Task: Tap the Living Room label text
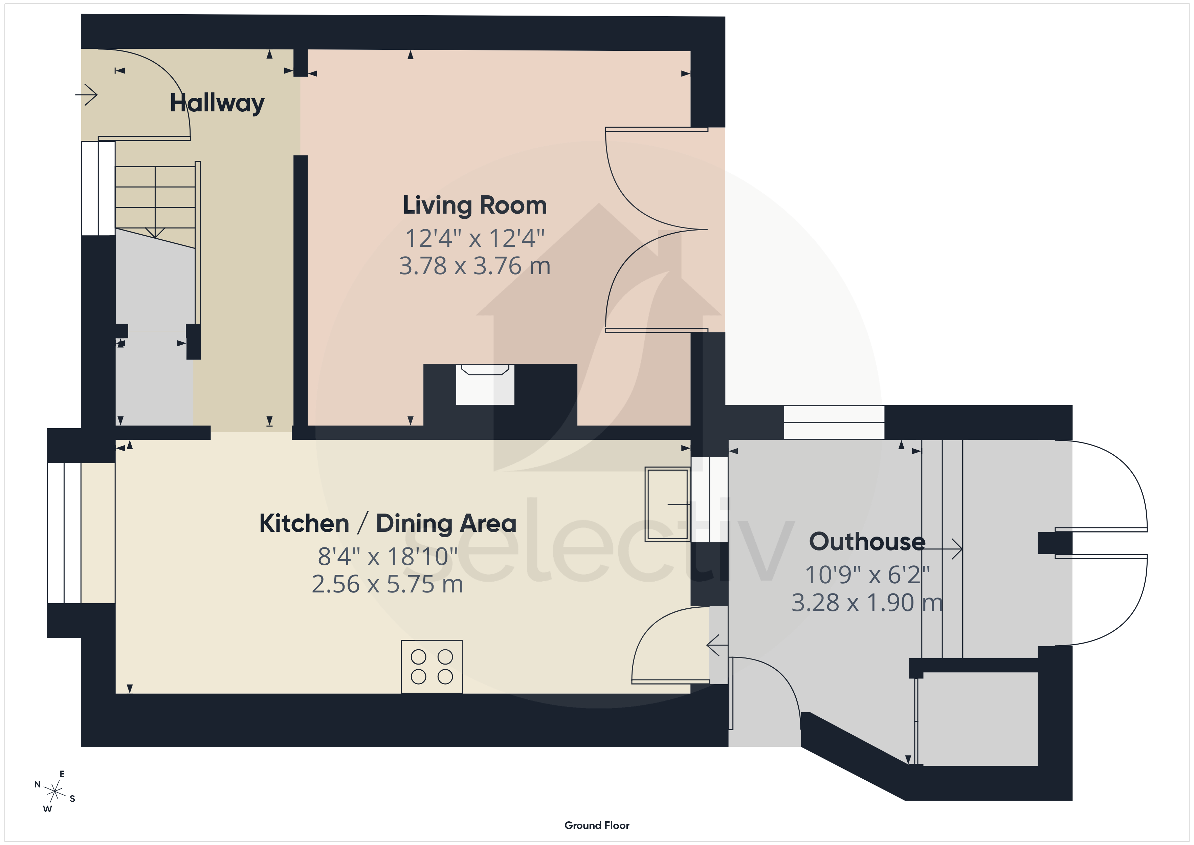[475, 205]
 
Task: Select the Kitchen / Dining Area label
[388, 523]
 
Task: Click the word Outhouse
[867, 542]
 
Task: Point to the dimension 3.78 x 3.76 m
[475, 266]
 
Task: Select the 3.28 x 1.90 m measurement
[867, 603]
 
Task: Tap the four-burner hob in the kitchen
[432, 667]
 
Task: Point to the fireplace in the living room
[485, 385]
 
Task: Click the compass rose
[54, 792]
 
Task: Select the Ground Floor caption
[597, 825]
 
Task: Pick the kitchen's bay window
[64, 533]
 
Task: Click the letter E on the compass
[62, 774]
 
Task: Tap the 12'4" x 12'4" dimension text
[475, 238]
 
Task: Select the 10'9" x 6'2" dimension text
[867, 575]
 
